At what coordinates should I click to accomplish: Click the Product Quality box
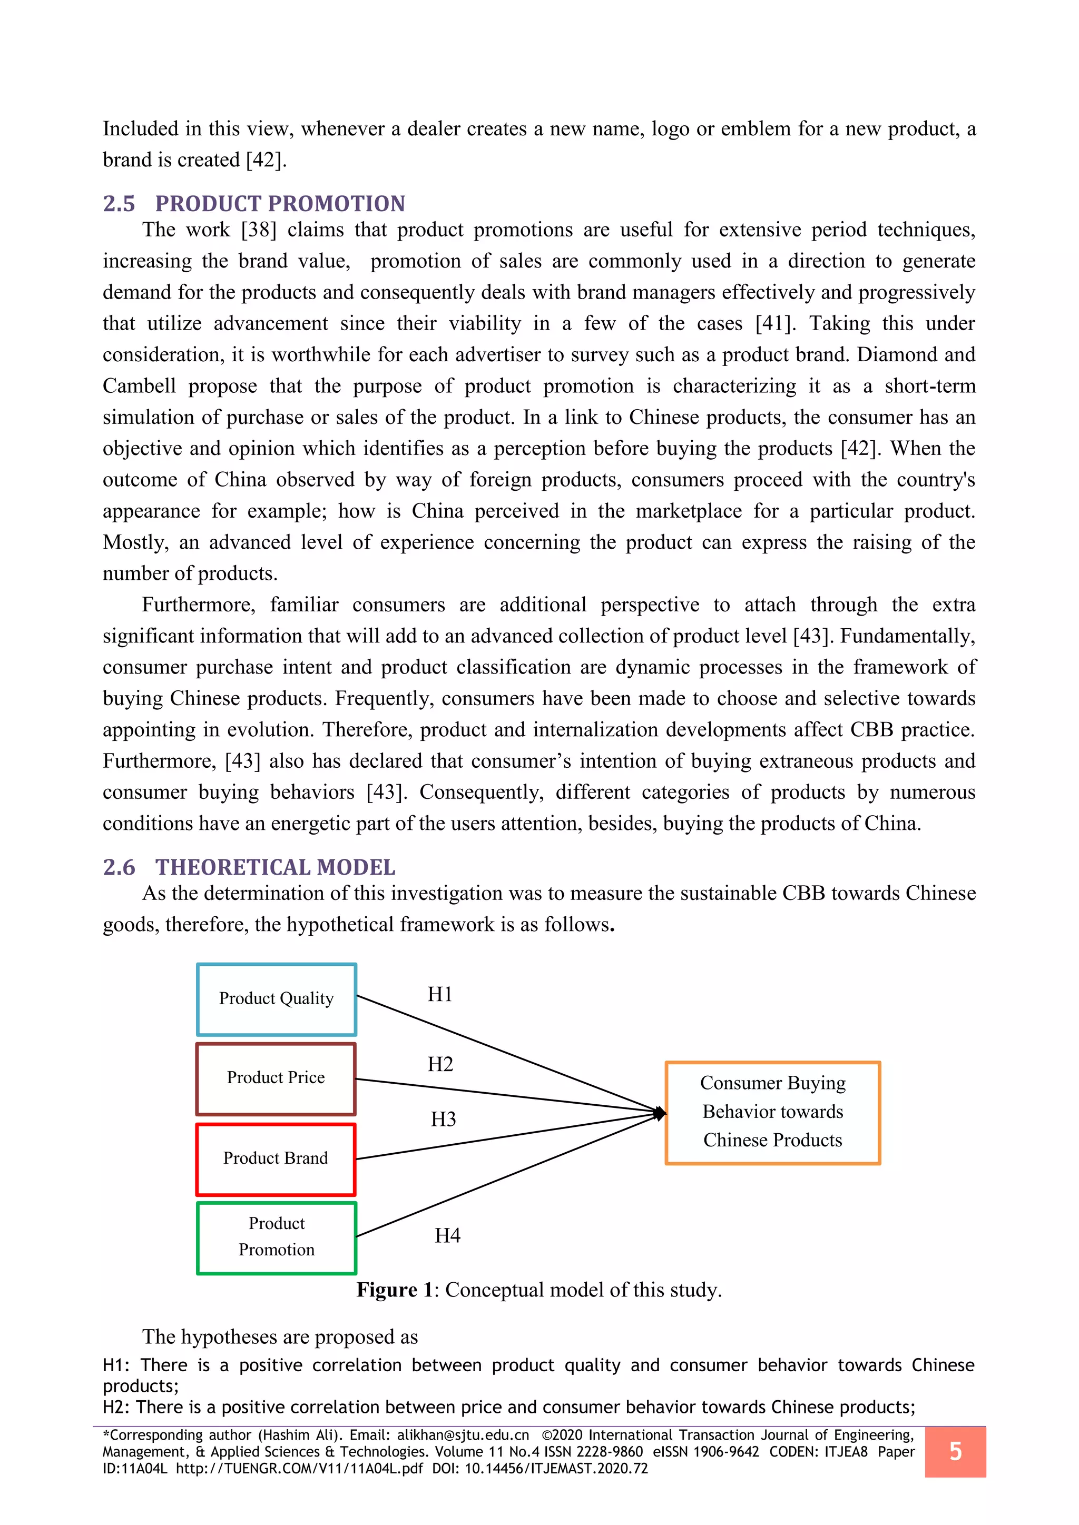pyautogui.click(x=277, y=999)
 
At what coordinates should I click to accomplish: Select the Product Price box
pyautogui.click(x=276, y=1078)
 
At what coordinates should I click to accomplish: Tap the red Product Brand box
pyautogui.click(x=276, y=1159)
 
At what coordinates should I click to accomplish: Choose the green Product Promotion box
pyautogui.click(x=277, y=1237)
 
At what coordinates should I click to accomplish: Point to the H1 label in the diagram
pyautogui.click(x=440, y=994)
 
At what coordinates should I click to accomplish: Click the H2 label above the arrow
pyautogui.click(x=440, y=1064)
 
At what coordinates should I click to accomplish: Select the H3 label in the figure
pyautogui.click(x=443, y=1119)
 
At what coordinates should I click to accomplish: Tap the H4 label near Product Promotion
pyautogui.click(x=447, y=1235)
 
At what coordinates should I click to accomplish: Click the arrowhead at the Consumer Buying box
pyautogui.click(x=660, y=1113)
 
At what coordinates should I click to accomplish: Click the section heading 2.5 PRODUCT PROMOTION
pyautogui.click(x=254, y=203)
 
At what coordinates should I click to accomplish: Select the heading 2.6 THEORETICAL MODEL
pyautogui.click(x=249, y=867)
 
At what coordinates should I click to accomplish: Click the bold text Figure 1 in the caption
pyautogui.click(x=395, y=1289)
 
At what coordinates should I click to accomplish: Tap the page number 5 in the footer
pyautogui.click(x=955, y=1451)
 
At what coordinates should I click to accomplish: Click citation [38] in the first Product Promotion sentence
pyautogui.click(x=259, y=230)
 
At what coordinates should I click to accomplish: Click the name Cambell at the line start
pyautogui.click(x=140, y=386)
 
